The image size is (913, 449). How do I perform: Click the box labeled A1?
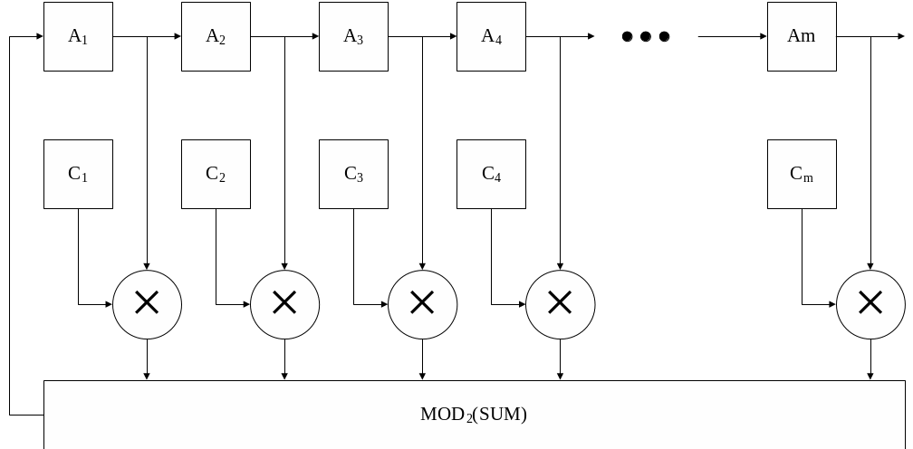coord(78,36)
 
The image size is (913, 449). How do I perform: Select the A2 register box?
coord(216,36)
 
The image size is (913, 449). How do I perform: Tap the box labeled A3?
coord(353,36)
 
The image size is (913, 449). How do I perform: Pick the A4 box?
coord(491,36)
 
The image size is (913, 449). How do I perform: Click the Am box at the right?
coord(802,36)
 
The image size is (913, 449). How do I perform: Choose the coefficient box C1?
coord(78,174)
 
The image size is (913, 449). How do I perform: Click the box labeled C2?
coord(216,174)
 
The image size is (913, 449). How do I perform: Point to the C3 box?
coord(353,174)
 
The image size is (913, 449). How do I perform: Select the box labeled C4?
coord(491,174)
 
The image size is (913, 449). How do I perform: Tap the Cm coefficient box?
coord(802,174)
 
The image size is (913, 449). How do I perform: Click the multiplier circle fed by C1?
coord(147,304)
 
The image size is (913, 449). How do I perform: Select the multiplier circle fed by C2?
coord(284,304)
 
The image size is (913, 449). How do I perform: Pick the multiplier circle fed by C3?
coord(422,304)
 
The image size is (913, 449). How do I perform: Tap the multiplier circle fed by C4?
coord(560,304)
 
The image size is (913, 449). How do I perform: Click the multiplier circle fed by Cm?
coord(870,304)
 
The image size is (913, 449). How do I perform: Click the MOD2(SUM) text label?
coord(474,415)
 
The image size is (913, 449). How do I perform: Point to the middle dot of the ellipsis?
coord(646,36)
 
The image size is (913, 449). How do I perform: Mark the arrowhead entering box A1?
coord(39,37)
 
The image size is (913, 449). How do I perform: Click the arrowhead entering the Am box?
coord(763,37)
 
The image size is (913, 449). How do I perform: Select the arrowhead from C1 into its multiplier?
coord(108,304)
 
